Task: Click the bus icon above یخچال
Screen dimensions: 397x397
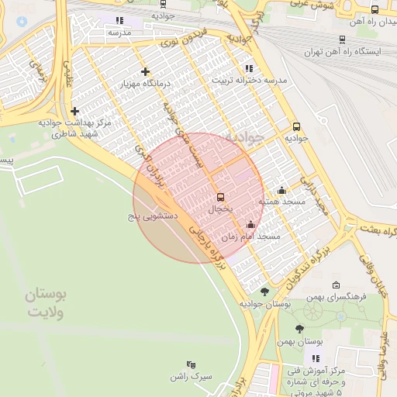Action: [220, 197]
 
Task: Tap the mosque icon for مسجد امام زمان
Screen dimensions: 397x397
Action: [250, 225]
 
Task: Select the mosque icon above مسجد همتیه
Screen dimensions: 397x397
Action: [281, 191]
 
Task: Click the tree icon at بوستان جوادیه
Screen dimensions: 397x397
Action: [264, 292]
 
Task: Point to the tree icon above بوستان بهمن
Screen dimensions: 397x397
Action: [299, 329]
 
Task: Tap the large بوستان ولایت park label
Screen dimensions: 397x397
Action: [46, 303]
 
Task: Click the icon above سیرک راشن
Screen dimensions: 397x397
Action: [191, 364]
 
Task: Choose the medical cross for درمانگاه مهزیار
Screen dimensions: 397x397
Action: [145, 72]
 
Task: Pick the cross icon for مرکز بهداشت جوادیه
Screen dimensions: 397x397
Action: [74, 111]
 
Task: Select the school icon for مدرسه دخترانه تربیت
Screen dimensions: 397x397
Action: [248, 68]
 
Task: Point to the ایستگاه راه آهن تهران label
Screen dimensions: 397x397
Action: [358, 51]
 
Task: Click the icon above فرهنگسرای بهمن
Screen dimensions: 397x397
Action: [335, 285]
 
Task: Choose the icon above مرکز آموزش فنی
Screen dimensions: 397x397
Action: [315, 358]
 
